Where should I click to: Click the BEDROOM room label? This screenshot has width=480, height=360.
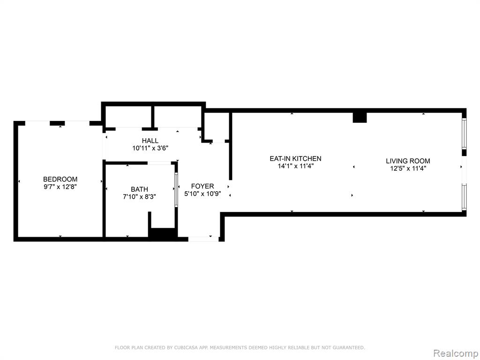pyautogui.click(x=60, y=179)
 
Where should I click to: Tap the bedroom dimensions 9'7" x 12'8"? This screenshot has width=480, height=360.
pyautogui.click(x=60, y=187)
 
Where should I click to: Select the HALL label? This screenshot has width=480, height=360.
pyautogui.click(x=150, y=141)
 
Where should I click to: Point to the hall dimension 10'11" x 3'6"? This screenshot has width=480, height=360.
pyautogui.click(x=150, y=148)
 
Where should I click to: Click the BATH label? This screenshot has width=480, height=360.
pyautogui.click(x=139, y=189)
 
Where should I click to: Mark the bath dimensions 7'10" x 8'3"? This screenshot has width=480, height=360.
pyautogui.click(x=139, y=196)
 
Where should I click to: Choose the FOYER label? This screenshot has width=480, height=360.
pyautogui.click(x=202, y=186)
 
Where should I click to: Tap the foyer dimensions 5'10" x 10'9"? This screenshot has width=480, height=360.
pyautogui.click(x=202, y=194)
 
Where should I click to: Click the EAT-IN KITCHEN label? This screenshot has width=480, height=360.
pyautogui.click(x=295, y=158)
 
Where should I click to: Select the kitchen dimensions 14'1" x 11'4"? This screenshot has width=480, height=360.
pyautogui.click(x=295, y=166)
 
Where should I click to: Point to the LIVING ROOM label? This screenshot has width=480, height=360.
pyautogui.click(x=408, y=161)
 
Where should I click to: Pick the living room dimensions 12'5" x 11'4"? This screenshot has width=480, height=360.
pyautogui.click(x=408, y=168)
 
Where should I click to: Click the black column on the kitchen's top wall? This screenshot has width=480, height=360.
pyautogui.click(x=360, y=118)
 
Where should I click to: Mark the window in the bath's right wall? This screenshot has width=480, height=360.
pyautogui.click(x=176, y=189)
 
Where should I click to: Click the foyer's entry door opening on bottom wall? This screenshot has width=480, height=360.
pyautogui.click(x=203, y=239)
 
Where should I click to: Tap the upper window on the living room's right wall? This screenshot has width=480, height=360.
pyautogui.click(x=464, y=134)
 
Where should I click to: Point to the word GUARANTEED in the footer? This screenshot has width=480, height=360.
pyautogui.click(x=349, y=347)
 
